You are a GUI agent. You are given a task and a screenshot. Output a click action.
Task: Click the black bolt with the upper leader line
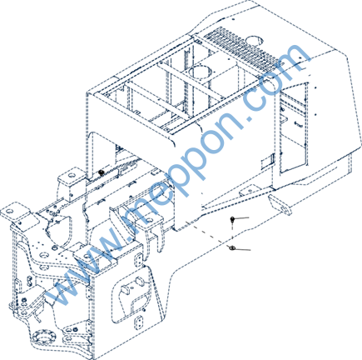click(232, 219)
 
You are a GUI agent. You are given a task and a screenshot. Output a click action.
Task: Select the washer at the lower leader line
click(232, 247)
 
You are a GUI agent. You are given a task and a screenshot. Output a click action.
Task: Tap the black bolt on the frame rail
click(102, 173)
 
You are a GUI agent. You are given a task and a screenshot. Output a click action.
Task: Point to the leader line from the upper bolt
click(241, 218)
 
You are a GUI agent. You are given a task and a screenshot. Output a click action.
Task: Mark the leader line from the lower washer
click(242, 249)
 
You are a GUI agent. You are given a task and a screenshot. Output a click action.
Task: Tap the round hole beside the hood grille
click(254, 40)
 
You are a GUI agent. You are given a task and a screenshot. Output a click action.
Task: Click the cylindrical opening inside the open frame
click(199, 72)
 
